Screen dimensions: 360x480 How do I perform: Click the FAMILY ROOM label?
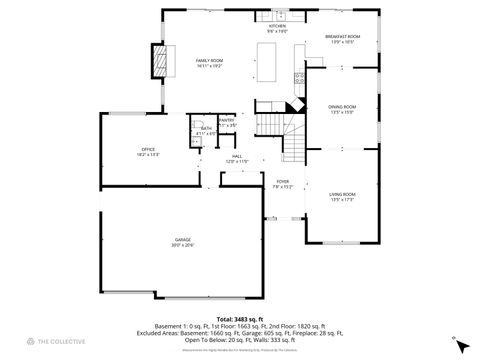click(x=209, y=61)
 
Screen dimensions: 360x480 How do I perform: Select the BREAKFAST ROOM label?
click(x=342, y=37)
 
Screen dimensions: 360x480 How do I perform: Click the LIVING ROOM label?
click(x=343, y=194)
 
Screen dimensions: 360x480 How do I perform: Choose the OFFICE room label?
click(x=147, y=149)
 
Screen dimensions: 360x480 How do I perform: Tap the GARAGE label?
click(x=183, y=240)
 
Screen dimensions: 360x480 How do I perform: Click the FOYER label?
click(x=283, y=181)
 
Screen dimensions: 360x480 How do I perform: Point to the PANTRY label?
click(x=227, y=119)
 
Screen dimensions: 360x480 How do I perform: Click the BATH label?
click(x=205, y=128)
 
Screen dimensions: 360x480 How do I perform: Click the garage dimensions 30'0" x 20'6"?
click(x=183, y=245)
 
